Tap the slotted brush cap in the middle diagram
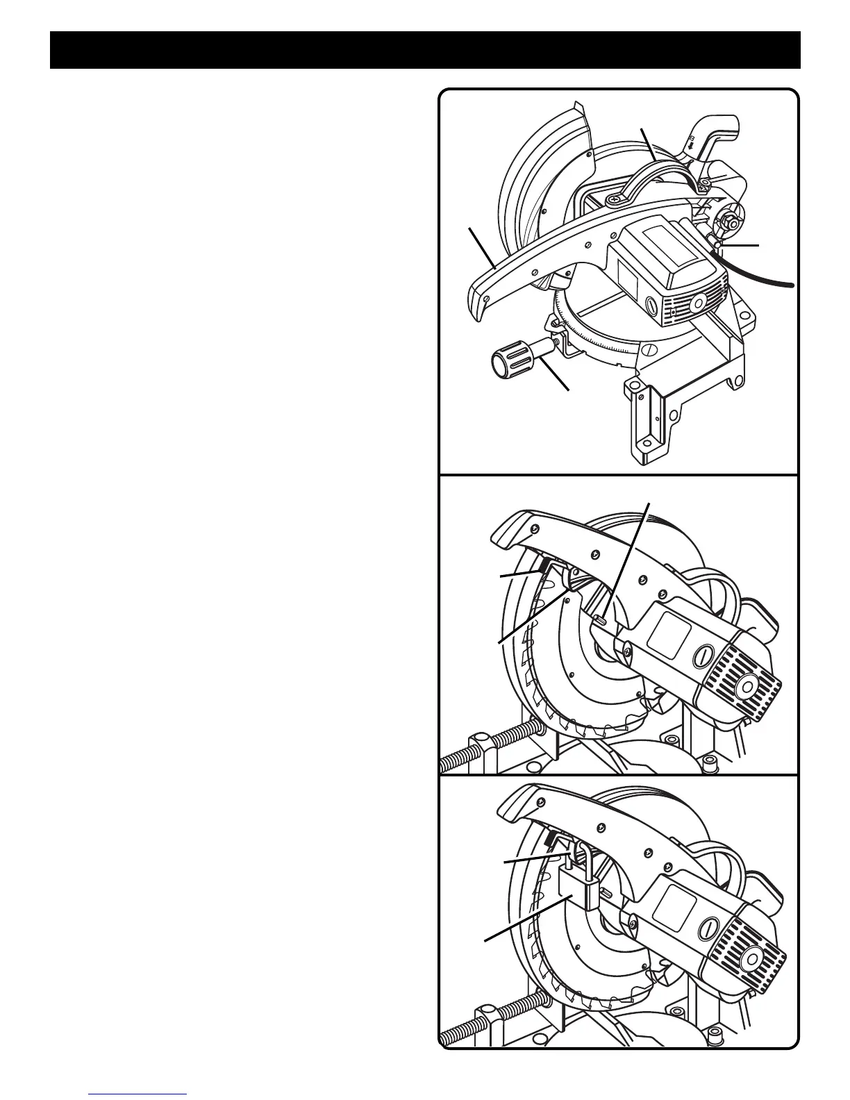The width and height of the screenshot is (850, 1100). pos(702,656)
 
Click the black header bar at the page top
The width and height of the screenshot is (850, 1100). pos(425,49)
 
